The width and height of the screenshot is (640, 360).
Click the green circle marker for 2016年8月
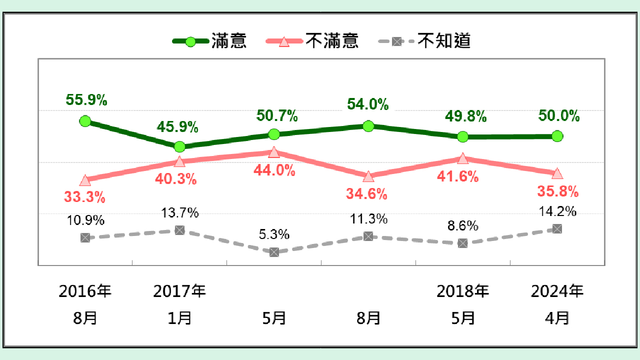point(85,121)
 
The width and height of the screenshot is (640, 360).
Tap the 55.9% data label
point(86,100)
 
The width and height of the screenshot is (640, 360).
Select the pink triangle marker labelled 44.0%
point(273,152)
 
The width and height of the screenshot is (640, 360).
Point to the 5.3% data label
point(274,234)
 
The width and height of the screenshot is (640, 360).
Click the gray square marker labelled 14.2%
point(557,228)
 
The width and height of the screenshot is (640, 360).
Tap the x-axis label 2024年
point(557,291)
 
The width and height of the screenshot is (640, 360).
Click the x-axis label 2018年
point(462,291)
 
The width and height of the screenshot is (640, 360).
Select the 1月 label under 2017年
point(179,317)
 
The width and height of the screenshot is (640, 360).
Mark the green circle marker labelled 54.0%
point(368,126)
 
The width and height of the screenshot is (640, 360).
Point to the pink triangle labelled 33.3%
point(85,180)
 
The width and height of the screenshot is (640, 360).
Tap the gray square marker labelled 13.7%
point(179,230)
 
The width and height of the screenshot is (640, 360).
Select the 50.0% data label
point(559,116)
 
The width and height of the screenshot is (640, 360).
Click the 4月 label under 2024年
point(557,317)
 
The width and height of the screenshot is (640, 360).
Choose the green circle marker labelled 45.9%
point(179,146)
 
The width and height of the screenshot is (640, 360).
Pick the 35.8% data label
point(557,191)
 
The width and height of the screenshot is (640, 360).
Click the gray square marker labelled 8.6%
point(463,243)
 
